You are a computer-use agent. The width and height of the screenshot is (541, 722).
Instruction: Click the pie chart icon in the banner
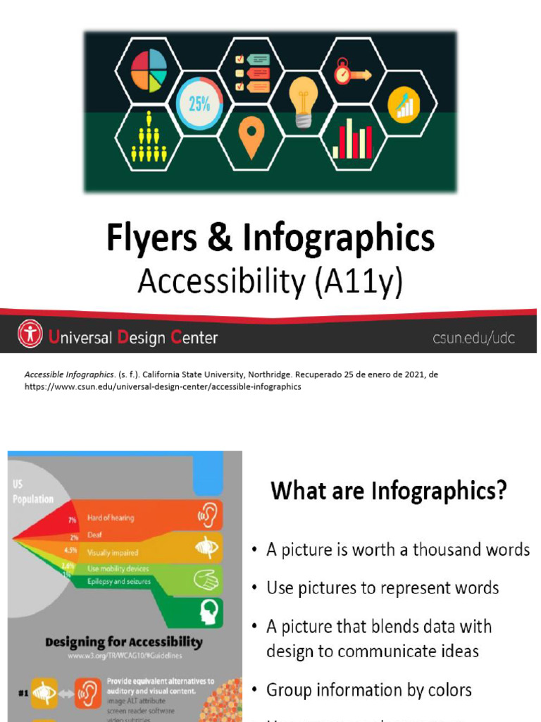(149, 71)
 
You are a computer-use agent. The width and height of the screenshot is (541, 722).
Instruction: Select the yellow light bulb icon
(303, 101)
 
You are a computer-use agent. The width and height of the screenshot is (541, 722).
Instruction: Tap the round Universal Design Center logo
(30, 334)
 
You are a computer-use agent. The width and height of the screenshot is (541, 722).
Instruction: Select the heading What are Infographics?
(389, 490)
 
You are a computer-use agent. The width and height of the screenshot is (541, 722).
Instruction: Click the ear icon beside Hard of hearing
(208, 515)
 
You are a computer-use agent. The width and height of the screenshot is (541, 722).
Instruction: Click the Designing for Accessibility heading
(123, 642)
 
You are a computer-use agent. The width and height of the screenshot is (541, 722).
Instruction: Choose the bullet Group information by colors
(369, 690)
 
